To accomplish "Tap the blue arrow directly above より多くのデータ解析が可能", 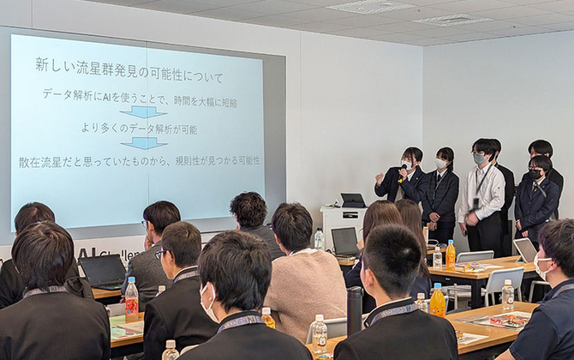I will point(143,111).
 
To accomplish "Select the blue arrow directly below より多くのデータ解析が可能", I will point(143,143).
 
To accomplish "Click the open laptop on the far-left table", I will point(103,272).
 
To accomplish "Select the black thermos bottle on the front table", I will point(354,310).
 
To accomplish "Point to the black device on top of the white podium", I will point(352,201).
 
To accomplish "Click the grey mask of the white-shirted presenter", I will point(479,159).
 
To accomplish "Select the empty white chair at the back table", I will point(502,283).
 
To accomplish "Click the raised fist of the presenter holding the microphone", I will point(380,180).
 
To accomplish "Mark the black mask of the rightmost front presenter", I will point(535,174).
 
